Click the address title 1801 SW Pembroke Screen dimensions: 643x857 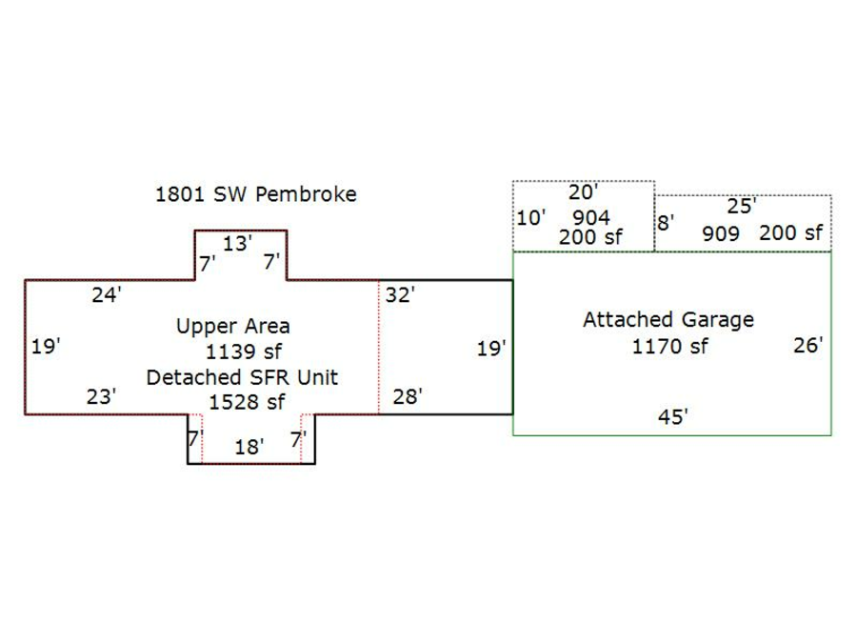click(256, 194)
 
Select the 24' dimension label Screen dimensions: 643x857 click(106, 295)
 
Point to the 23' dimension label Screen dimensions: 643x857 click(101, 396)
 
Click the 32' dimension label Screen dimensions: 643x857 click(400, 295)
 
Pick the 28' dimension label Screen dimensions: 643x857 click(407, 396)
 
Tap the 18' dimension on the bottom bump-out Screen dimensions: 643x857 click(249, 447)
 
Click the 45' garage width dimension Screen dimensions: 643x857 click(672, 416)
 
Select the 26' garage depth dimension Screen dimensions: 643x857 click(807, 346)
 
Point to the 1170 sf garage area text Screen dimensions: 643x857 click(669, 346)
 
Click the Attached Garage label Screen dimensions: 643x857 click(668, 320)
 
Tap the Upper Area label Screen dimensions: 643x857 click(232, 327)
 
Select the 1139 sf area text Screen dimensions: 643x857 click(244, 352)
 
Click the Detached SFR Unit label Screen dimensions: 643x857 click(242, 377)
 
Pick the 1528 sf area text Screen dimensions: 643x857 click(247, 402)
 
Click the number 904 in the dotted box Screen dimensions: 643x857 click(590, 218)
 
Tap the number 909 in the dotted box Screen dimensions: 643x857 click(721, 233)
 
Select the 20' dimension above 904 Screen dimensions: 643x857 click(583, 192)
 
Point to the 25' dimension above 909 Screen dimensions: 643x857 click(741, 207)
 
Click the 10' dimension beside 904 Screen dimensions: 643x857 click(530, 218)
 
